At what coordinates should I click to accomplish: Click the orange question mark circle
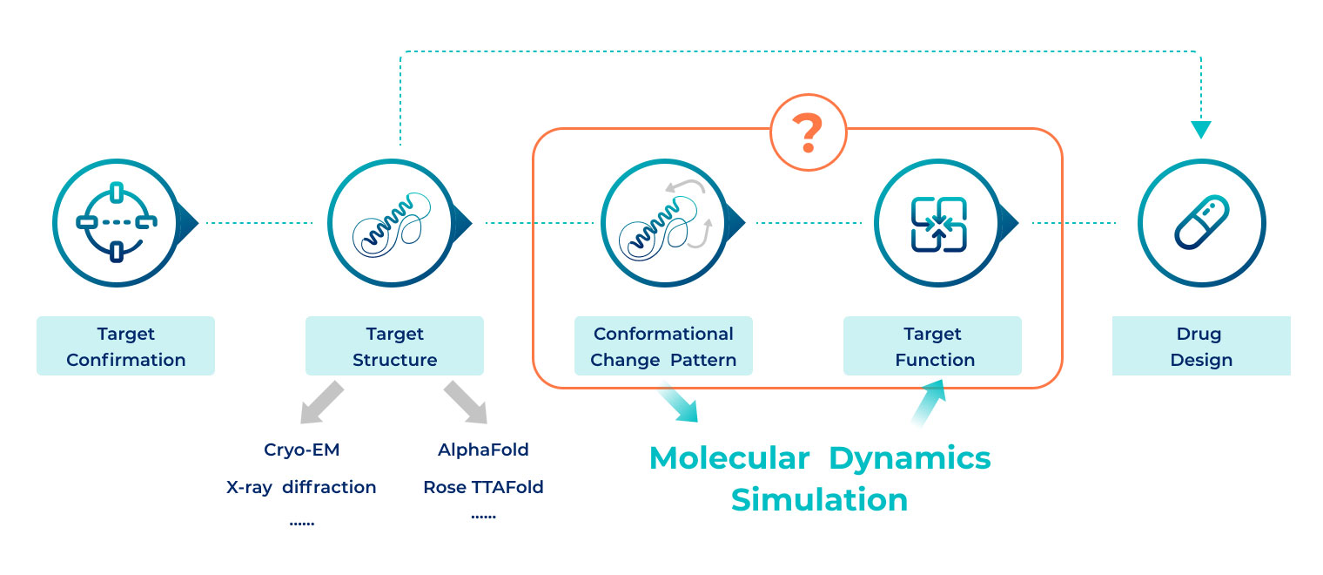(808, 132)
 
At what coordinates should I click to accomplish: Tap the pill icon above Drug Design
(1201, 224)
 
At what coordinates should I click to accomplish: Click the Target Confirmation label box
(125, 346)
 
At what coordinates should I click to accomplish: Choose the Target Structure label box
(394, 346)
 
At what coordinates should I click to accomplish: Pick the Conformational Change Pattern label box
(663, 346)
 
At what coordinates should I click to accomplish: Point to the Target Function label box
(932, 346)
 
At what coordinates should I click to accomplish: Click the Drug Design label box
(1201, 346)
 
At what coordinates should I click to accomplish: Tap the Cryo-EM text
(301, 450)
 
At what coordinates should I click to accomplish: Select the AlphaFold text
(483, 450)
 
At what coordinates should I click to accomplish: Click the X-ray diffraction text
(301, 487)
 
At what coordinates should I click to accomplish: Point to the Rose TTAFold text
(483, 487)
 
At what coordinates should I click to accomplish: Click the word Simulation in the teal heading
(819, 500)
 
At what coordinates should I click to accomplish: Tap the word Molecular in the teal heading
(729, 458)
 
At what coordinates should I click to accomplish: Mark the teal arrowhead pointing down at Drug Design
(1201, 129)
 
